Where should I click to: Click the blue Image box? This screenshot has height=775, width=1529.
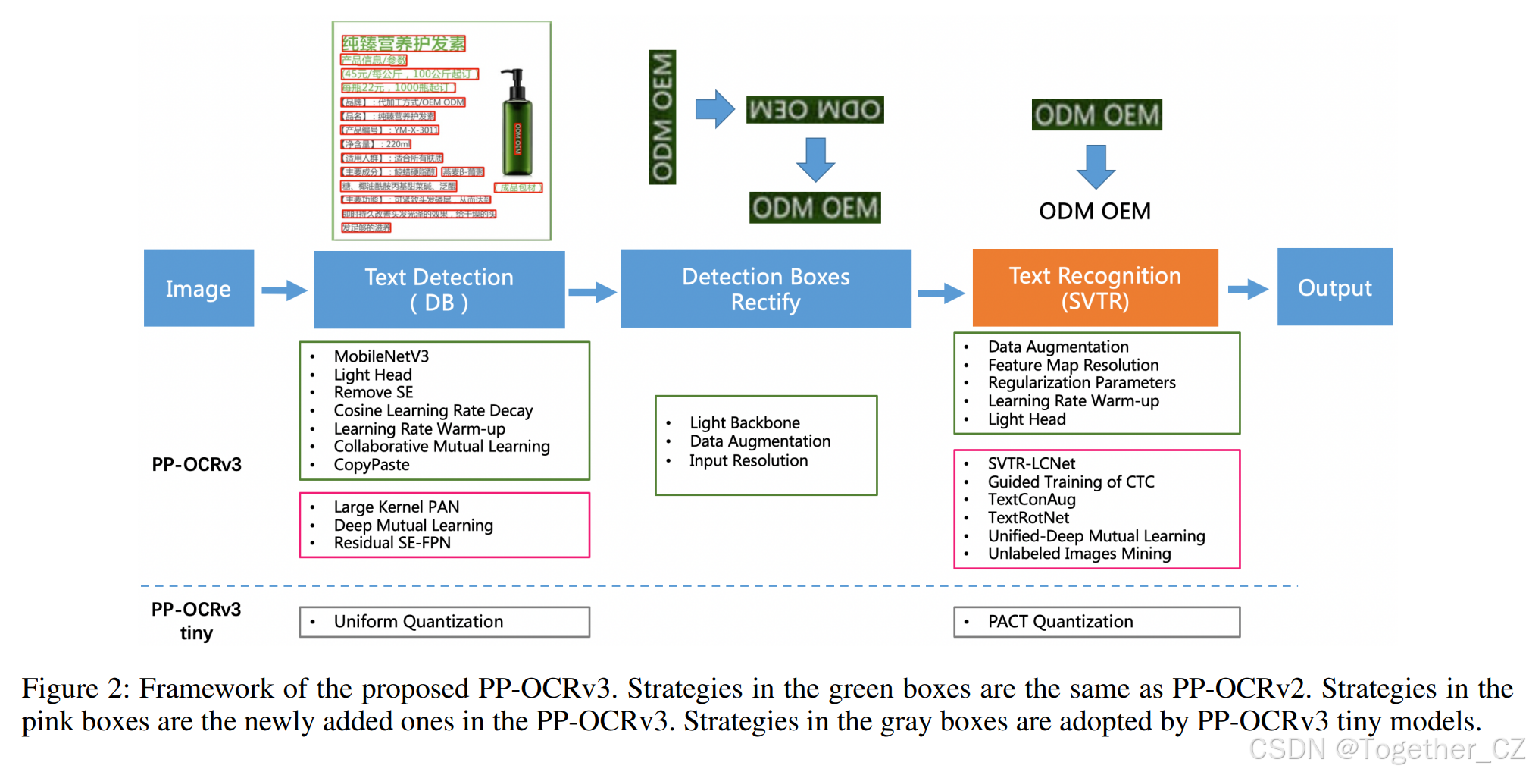[199, 288]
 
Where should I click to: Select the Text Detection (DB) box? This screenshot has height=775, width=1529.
[439, 289]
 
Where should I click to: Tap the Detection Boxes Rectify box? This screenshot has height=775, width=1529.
[765, 289]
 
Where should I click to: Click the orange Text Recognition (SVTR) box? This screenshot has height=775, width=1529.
[1095, 288]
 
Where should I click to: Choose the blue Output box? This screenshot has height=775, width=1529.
[1334, 287]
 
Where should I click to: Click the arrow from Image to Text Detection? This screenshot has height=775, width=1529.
[284, 290]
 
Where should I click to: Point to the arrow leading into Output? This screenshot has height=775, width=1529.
[1247, 288]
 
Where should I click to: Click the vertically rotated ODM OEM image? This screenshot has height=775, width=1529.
[661, 117]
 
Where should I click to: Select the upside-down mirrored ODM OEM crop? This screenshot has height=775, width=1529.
[815, 110]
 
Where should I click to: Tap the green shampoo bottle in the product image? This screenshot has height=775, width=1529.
[517, 125]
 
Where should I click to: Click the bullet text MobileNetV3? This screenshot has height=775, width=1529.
[381, 356]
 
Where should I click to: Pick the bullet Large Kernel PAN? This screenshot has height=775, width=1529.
[396, 507]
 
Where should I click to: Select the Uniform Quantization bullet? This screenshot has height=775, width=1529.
[418, 622]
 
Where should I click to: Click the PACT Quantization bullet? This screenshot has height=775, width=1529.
[1060, 622]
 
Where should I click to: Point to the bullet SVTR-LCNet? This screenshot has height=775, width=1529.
[1031, 463]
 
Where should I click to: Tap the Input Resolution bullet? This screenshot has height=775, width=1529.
[748, 461]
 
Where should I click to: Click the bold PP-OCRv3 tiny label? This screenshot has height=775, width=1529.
[196, 621]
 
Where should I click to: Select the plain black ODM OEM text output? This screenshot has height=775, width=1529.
[1094, 211]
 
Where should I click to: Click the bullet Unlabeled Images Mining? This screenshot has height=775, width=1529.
[1079, 554]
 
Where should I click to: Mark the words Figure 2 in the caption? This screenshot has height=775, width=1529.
[71, 689]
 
